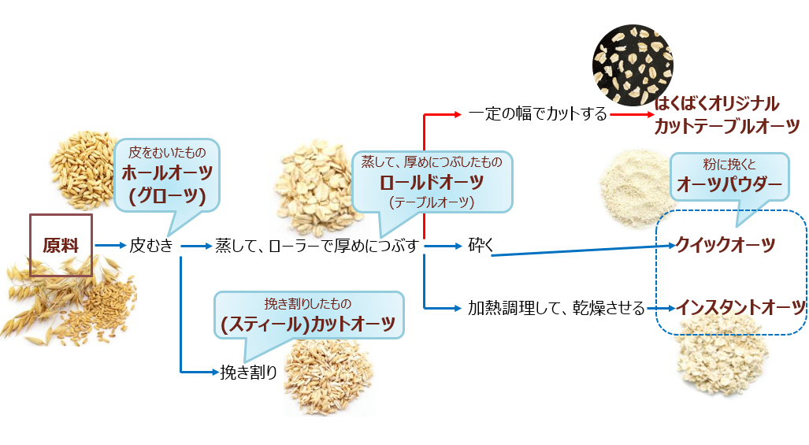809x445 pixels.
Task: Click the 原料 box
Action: point(61,245)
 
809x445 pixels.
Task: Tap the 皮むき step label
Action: point(151,246)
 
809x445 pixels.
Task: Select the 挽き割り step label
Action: point(249,371)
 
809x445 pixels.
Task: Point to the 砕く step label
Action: point(481,247)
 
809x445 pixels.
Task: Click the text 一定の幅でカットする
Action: point(537,114)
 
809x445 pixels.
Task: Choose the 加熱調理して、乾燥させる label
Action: point(556,306)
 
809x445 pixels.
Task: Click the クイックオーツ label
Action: point(726,245)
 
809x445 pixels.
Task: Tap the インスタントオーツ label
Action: point(740,306)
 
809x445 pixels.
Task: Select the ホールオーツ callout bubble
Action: point(166,173)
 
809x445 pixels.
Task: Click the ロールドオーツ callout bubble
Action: point(431,180)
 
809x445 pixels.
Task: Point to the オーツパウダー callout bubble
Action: point(729,176)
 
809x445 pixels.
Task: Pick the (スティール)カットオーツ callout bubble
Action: point(309,314)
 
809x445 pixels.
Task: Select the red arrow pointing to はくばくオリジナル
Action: point(632,114)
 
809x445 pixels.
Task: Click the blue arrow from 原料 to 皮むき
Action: point(110,246)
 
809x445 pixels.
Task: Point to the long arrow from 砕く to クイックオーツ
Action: point(583,250)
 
